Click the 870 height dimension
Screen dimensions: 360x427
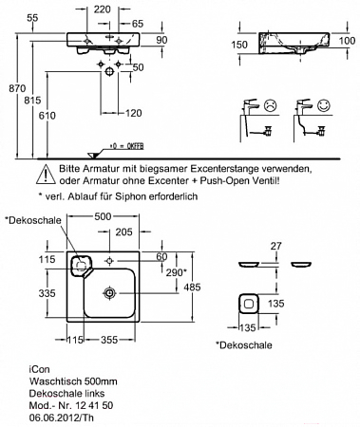pyautogui.click(x=17, y=88)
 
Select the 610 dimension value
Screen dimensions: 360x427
pyautogui.click(x=47, y=116)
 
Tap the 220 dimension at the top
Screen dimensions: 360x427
pyautogui.click(x=103, y=9)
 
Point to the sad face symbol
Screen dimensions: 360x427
pyautogui.click(x=270, y=105)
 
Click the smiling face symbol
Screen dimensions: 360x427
pyautogui.click(x=324, y=105)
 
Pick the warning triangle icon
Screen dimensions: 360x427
pyautogui.click(x=46, y=175)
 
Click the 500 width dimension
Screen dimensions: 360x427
pyautogui.click(x=103, y=216)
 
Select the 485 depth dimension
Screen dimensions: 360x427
pyautogui.click(x=192, y=287)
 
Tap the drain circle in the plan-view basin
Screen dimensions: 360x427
pyautogui.click(x=109, y=293)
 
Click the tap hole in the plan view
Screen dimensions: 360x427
pyautogui.click(x=110, y=261)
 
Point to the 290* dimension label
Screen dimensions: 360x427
pyautogui.click(x=175, y=272)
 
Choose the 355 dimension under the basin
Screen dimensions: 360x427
pyautogui.click(x=109, y=340)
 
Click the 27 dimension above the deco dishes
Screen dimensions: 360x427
pyautogui.click(x=275, y=246)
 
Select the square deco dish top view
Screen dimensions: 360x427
pyautogui.click(x=249, y=305)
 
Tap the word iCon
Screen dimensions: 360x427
pyautogui.click(x=40, y=369)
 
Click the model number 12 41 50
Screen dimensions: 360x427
pyautogui.click(x=94, y=405)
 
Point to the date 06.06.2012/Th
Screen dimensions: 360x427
pyautogui.click(x=62, y=418)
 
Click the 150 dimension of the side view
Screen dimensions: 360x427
pyautogui.click(x=239, y=45)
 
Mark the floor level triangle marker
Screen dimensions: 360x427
pyautogui.click(x=94, y=155)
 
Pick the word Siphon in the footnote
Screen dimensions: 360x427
pyautogui.click(x=128, y=196)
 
